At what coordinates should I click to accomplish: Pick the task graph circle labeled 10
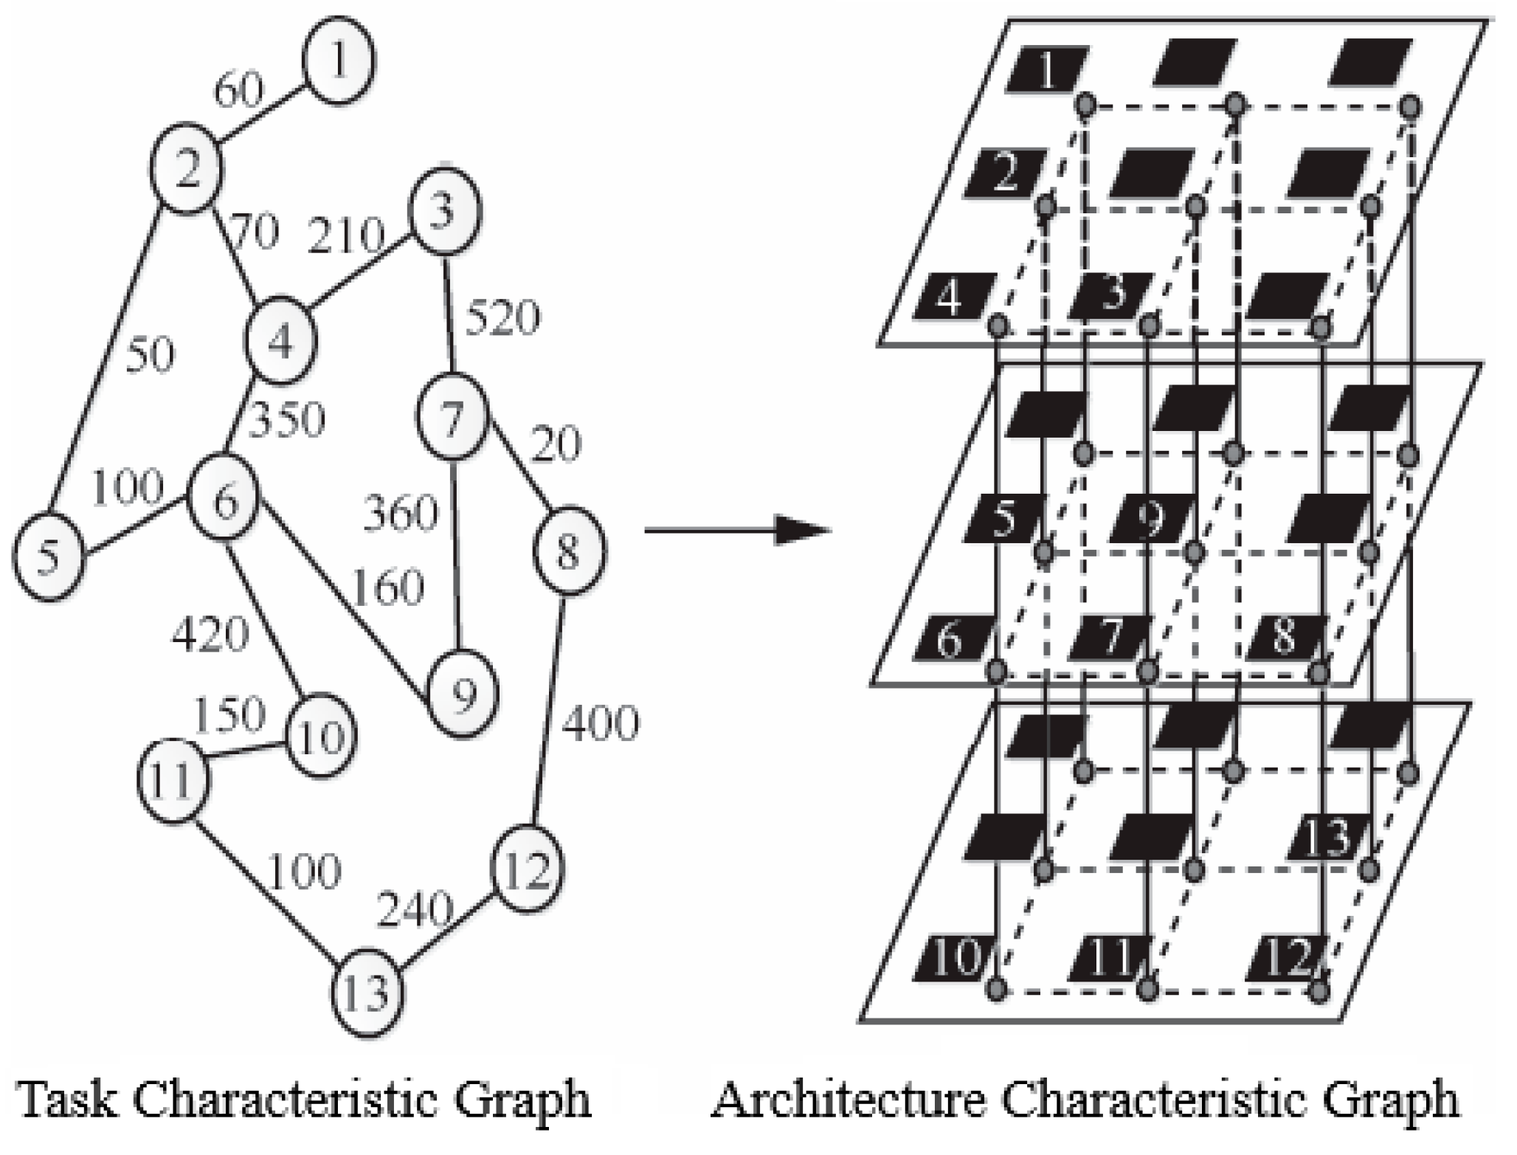(321, 735)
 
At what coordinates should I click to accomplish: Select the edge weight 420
(210, 635)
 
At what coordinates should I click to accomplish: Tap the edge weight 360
(401, 514)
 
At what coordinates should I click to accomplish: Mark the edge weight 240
(413, 909)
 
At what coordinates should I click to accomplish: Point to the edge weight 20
(556, 445)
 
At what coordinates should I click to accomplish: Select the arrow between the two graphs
(738, 530)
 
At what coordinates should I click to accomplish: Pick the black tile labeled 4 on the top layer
(953, 297)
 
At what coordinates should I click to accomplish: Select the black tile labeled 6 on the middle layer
(950, 638)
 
